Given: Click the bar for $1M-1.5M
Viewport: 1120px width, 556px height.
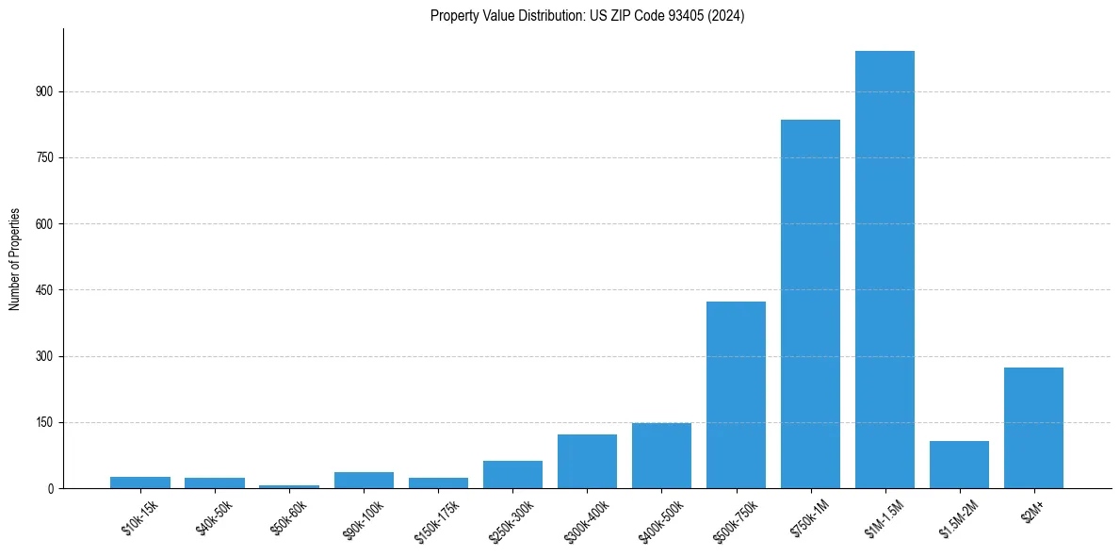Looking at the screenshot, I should point(885,270).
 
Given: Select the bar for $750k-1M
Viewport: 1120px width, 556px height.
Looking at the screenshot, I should point(810,303).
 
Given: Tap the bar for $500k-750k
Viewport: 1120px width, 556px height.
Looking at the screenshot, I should point(736,395).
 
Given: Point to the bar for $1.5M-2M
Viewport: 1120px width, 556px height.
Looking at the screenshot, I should point(959,465).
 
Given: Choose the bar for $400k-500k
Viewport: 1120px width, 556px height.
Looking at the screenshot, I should point(661,456).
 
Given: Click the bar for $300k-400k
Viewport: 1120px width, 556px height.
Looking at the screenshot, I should point(587,462).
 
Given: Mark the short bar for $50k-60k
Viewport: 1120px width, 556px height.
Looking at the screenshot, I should point(289,486).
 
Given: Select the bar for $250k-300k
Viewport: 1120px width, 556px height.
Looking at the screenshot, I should point(512,475).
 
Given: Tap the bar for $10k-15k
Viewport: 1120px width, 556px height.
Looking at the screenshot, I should point(140,482).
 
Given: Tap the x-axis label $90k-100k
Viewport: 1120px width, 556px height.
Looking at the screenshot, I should point(364,518).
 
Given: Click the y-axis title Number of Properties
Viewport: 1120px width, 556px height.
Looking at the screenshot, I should point(14,258).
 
